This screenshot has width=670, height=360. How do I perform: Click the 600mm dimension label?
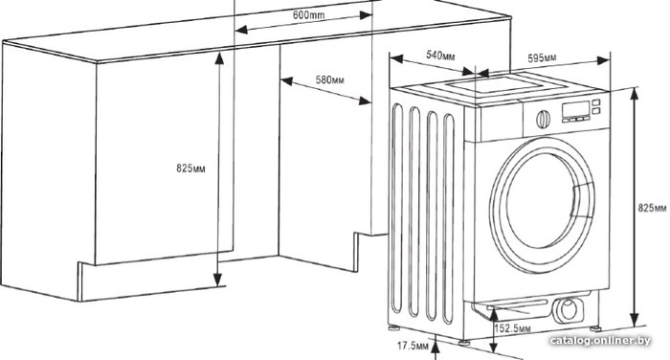[x=308, y=15]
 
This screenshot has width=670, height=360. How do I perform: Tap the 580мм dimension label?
[x=329, y=80]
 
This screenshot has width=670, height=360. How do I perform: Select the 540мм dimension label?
[x=440, y=56]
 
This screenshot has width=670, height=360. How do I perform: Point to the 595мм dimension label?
[x=542, y=57]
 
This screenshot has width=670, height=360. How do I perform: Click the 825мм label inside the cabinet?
[x=190, y=169]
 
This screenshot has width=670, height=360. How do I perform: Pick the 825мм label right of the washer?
[x=652, y=208]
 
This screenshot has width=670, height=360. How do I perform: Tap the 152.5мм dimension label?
[x=512, y=328]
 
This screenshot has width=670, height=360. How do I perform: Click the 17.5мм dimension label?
[x=413, y=346]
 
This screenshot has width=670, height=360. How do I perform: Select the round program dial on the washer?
[x=543, y=120]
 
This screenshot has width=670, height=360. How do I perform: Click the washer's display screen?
[x=575, y=109]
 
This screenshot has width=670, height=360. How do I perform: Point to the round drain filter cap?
[x=569, y=309]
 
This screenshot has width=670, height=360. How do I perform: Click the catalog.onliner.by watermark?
[x=600, y=340]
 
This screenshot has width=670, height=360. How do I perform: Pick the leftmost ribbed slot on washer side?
[x=397, y=208]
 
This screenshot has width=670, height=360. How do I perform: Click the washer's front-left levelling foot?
[x=463, y=342]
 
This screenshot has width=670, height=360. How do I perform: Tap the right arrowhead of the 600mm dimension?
[x=367, y=15]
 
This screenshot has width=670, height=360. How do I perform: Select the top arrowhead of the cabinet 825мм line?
[x=219, y=58]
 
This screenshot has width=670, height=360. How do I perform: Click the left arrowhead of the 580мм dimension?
[x=286, y=81]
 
